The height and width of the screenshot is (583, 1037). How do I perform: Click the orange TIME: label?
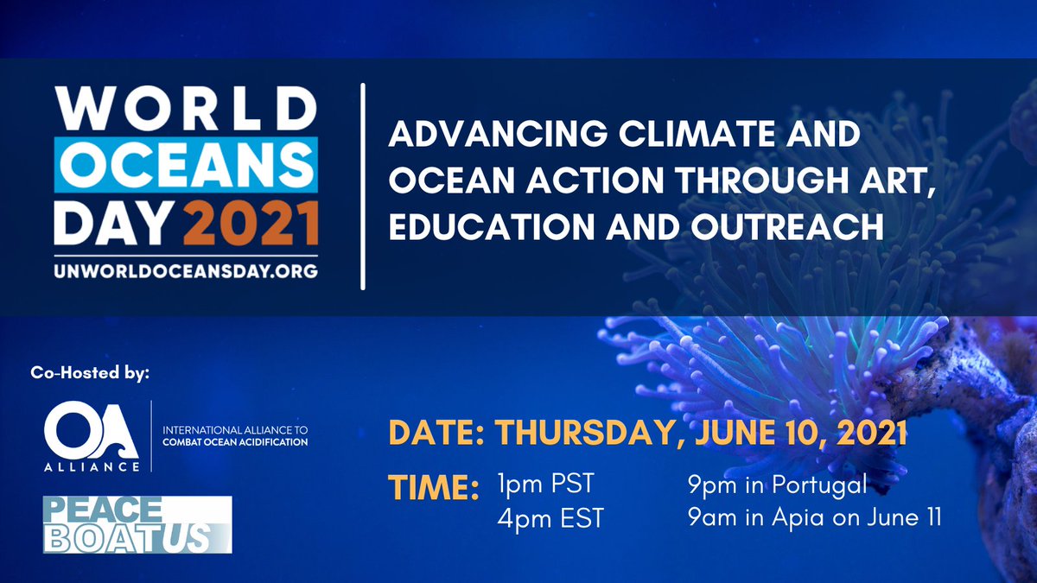pyautogui.click(x=432, y=486)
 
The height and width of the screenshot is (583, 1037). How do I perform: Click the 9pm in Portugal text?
pyautogui.click(x=777, y=485)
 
